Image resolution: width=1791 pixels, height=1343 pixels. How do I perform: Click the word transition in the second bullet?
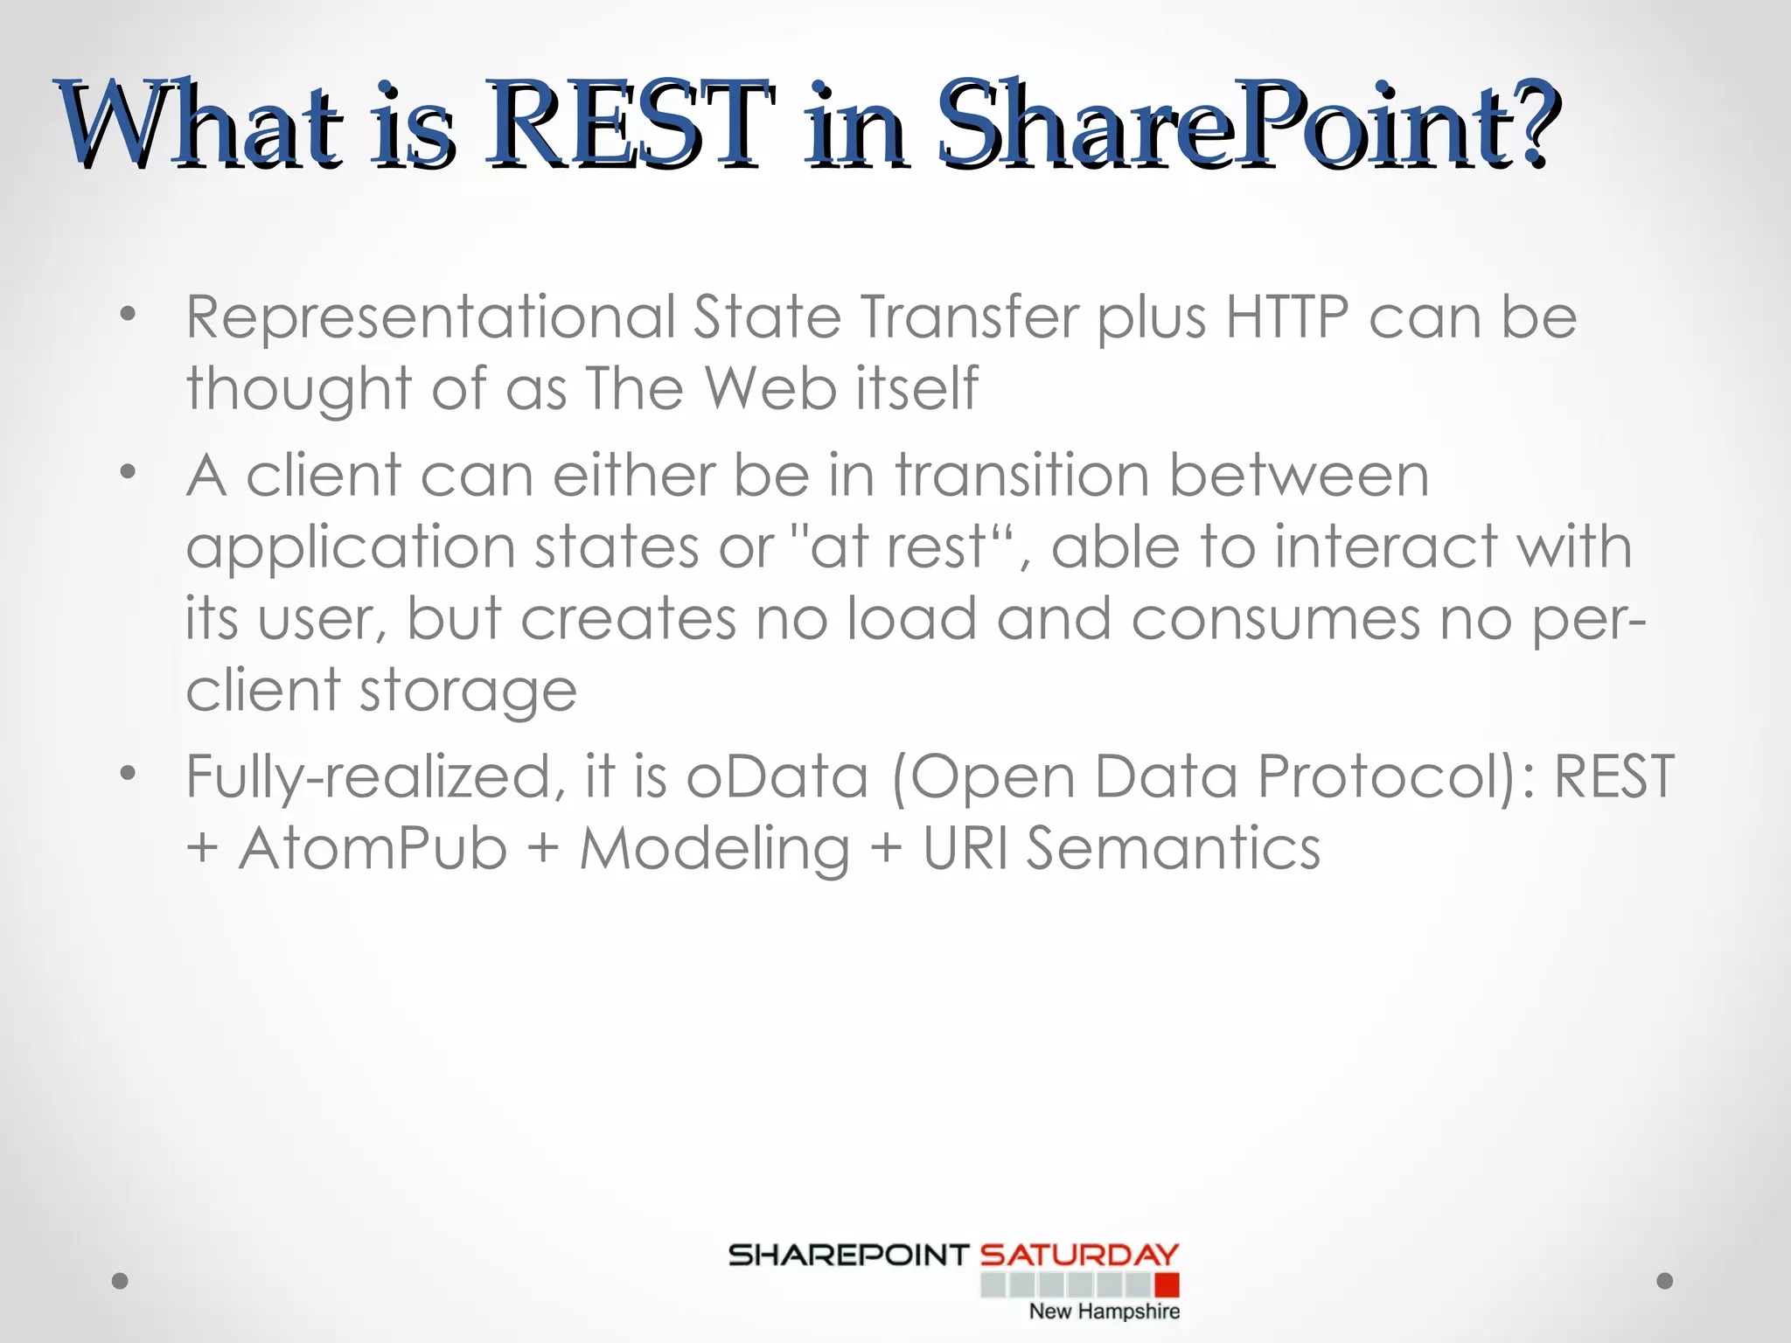click(x=1021, y=476)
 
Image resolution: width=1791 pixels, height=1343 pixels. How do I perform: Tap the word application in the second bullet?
click(x=350, y=549)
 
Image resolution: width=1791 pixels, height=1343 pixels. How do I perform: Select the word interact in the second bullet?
click(x=1385, y=547)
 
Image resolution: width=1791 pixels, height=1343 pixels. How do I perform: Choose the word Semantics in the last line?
click(x=1173, y=848)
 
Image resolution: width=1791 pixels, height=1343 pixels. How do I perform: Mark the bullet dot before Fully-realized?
click(x=129, y=773)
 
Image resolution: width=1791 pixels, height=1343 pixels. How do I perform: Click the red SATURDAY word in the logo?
click(x=1079, y=1256)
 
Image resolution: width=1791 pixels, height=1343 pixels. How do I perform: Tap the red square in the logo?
click(x=1167, y=1284)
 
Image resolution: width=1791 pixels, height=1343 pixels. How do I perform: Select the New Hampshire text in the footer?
click(x=1104, y=1312)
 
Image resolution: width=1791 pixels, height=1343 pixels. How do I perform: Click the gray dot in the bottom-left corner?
click(x=120, y=1281)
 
